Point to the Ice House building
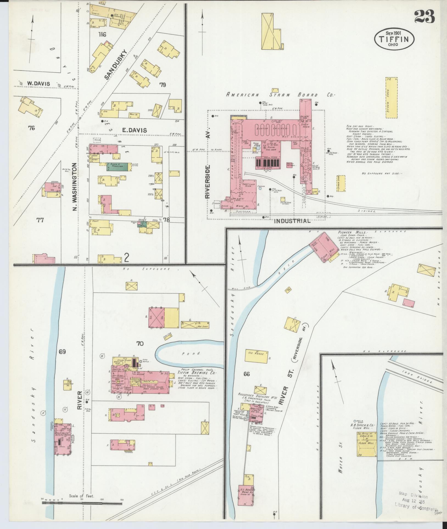[x=256, y=354]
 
